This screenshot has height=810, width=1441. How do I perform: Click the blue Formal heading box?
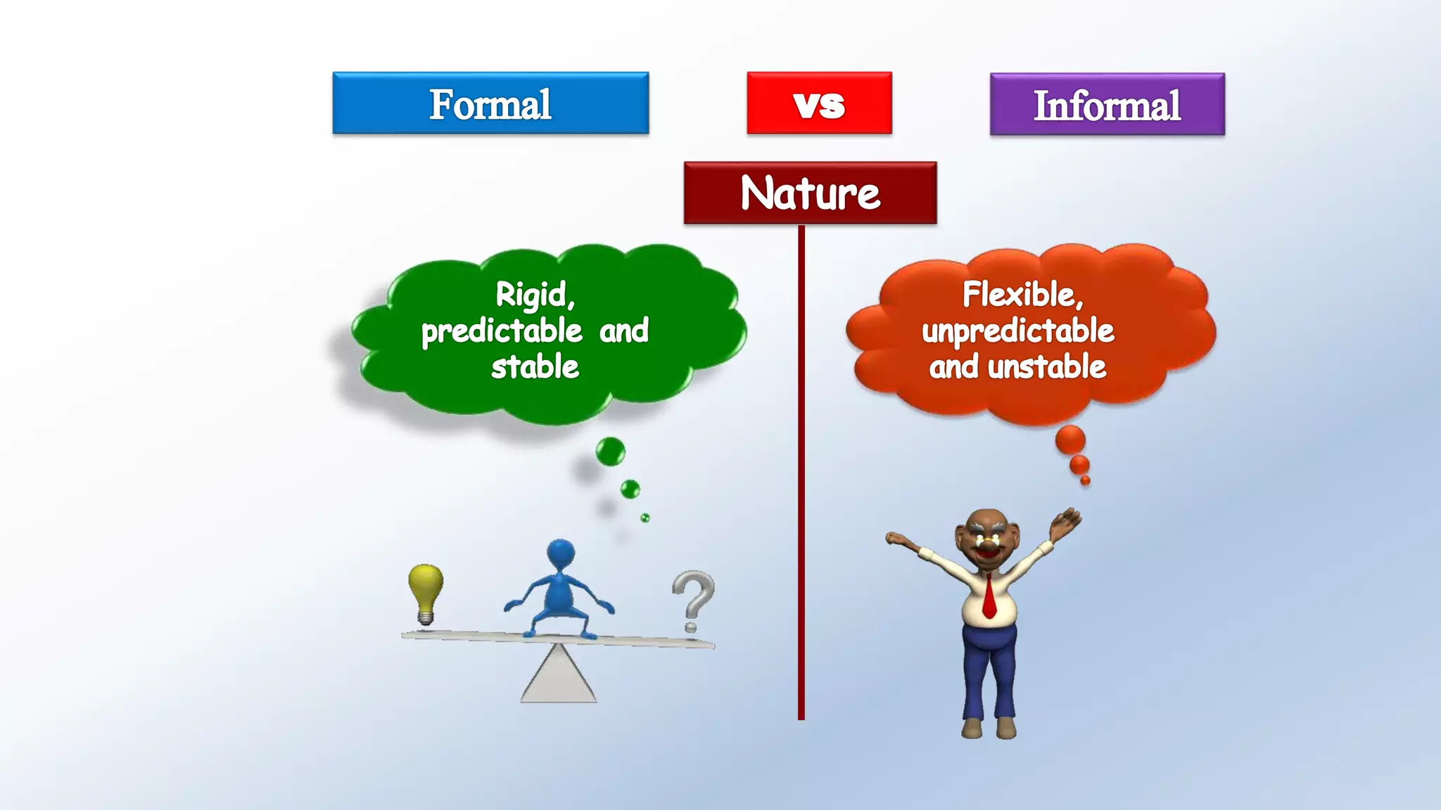pyautogui.click(x=490, y=103)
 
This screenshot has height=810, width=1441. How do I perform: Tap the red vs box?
pyautogui.click(x=819, y=103)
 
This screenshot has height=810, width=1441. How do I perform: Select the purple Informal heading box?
pyautogui.click(x=1107, y=105)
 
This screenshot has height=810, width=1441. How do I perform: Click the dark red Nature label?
pyautogui.click(x=810, y=193)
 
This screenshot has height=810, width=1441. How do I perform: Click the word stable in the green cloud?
pyautogui.click(x=535, y=367)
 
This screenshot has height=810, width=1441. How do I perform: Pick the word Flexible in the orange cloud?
pyautogui.click(x=1019, y=294)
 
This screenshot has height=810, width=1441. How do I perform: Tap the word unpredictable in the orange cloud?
pyautogui.click(x=1017, y=330)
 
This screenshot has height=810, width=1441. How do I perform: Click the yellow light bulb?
pyautogui.click(x=426, y=591)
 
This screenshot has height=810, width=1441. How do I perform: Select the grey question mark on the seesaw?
pyautogui.click(x=693, y=598)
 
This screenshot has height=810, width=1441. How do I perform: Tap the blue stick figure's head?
pyautogui.click(x=561, y=554)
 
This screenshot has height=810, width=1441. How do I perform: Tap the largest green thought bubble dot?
pyautogui.click(x=610, y=451)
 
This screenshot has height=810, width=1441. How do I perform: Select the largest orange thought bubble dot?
pyautogui.click(x=1070, y=440)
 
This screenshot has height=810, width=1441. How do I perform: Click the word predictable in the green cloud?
pyautogui.click(x=502, y=330)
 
